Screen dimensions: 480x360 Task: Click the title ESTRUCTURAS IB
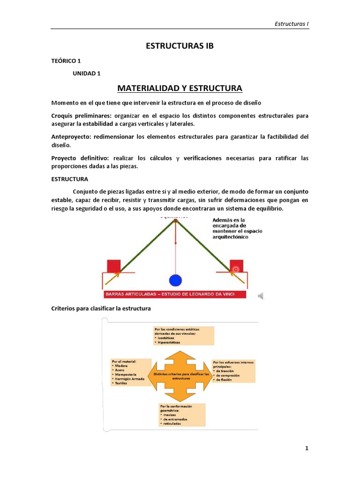(x=180, y=46)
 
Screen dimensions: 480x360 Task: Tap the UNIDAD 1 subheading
(x=87, y=74)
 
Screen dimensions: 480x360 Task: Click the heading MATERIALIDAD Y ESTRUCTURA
(x=180, y=88)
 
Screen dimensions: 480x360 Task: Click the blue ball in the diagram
(x=175, y=280)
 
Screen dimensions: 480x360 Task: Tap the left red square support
(x=114, y=265)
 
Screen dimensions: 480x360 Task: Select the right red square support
(x=236, y=265)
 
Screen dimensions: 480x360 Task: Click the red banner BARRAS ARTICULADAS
(x=176, y=294)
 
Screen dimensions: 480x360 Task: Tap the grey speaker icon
(x=261, y=295)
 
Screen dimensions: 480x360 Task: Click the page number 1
(x=307, y=448)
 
